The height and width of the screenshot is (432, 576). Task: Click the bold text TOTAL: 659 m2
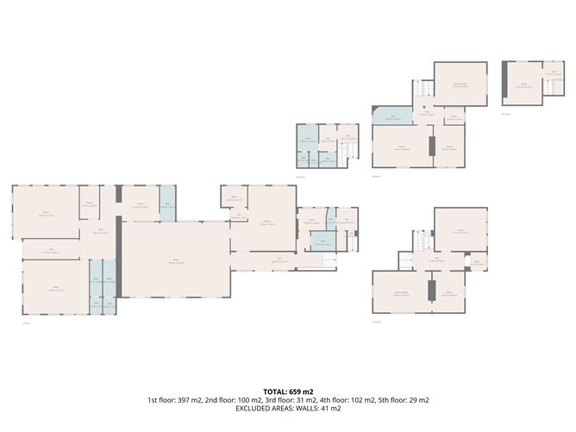click(288, 391)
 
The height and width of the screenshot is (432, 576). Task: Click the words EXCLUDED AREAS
click(260, 409)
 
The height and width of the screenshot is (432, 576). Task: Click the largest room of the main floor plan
click(176, 259)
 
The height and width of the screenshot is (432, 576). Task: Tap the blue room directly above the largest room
click(167, 203)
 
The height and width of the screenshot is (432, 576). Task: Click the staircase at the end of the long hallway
click(327, 261)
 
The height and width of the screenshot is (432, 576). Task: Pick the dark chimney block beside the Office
click(433, 286)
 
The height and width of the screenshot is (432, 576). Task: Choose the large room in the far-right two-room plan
click(521, 85)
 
